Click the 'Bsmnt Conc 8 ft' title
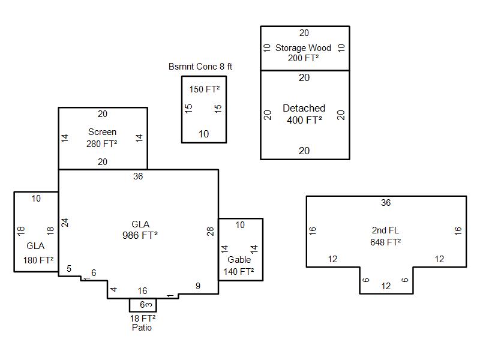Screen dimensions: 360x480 (x=200, y=67)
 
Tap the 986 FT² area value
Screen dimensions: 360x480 (x=140, y=236)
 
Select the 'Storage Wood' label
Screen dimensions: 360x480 (x=303, y=48)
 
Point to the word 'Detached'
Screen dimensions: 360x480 (x=304, y=109)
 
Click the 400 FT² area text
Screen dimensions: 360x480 (x=304, y=120)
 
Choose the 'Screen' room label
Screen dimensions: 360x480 (x=102, y=132)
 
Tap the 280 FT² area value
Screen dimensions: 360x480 (x=102, y=143)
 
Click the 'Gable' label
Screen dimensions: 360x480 (x=239, y=260)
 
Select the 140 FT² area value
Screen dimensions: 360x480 (x=239, y=271)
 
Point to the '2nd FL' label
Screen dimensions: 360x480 (x=385, y=230)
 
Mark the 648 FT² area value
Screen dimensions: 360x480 (x=385, y=242)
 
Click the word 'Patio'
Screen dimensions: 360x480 (x=142, y=328)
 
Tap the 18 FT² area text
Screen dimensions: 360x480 (x=143, y=318)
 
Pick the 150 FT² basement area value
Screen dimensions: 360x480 (x=204, y=89)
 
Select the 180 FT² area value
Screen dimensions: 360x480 (x=38, y=260)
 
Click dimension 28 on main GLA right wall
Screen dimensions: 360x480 (x=211, y=231)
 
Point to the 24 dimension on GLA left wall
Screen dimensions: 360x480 (x=65, y=222)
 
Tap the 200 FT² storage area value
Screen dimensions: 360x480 (x=303, y=58)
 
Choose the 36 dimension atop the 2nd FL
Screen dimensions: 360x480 (x=386, y=203)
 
